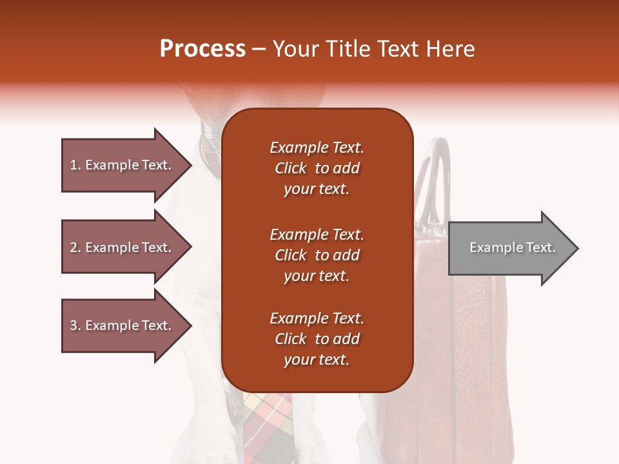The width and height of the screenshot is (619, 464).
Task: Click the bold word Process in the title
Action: point(202,49)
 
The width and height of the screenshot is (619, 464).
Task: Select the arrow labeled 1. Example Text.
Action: point(123,165)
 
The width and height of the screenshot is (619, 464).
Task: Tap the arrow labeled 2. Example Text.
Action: point(123,247)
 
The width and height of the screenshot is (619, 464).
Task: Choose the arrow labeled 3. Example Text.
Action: point(123,325)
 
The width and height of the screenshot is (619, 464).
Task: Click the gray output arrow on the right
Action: point(509,248)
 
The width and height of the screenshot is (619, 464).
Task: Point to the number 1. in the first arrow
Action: point(75,165)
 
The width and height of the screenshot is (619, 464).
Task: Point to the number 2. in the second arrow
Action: point(75,247)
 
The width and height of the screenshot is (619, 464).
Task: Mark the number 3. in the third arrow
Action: point(75,325)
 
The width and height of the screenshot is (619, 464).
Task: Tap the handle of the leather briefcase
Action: point(433,174)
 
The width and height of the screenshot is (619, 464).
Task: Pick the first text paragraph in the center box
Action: point(317,168)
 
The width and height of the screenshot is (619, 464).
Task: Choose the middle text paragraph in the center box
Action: point(317,255)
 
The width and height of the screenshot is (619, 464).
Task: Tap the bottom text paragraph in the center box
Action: point(317,339)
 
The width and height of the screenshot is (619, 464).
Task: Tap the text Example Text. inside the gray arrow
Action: point(512,247)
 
